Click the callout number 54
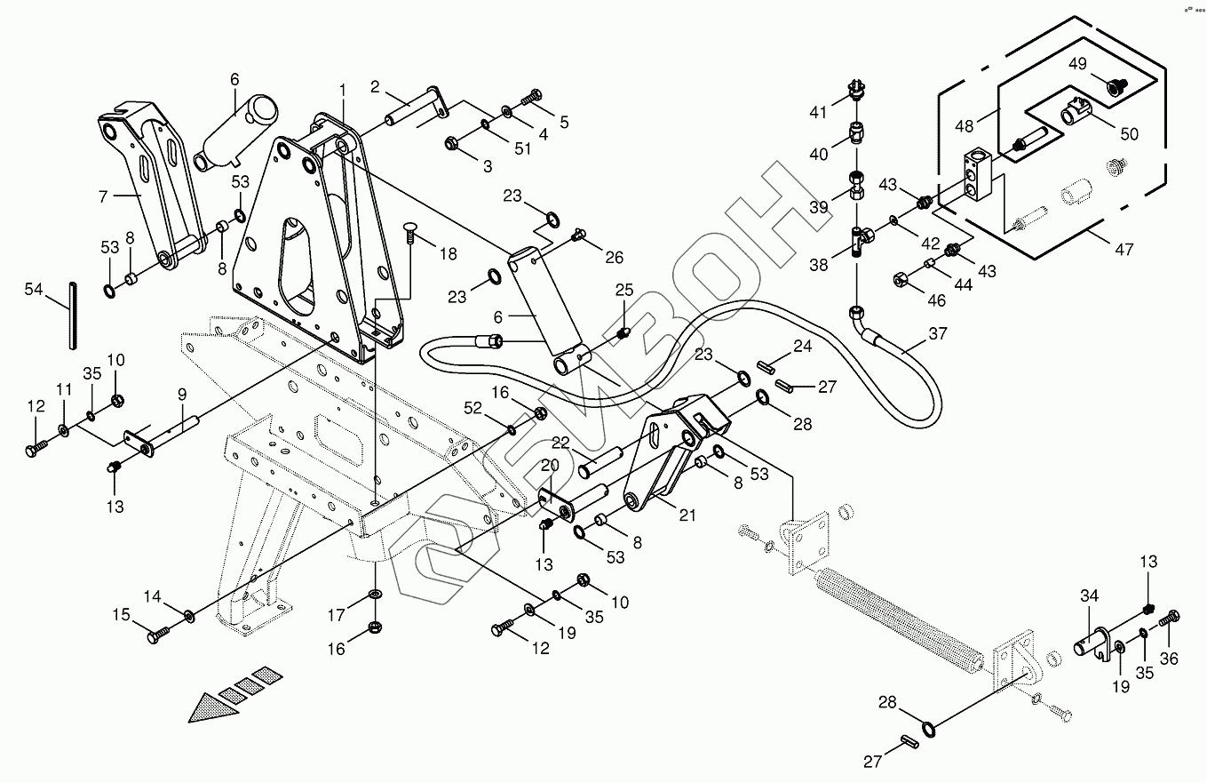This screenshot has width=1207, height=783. coord(34,290)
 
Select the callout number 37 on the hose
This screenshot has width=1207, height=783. coord(938,334)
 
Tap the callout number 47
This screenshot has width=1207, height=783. coord(1124,251)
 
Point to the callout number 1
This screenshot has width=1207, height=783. coord(343,90)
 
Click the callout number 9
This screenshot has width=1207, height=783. coord(181,393)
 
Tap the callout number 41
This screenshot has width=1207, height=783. coord(818,112)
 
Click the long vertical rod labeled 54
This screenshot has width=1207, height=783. coord(72,315)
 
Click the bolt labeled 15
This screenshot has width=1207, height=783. coord(157,635)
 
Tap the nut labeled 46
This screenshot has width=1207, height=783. coord(901,280)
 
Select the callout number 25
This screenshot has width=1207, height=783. coord(624,290)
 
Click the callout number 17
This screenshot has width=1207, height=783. coord(337,614)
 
